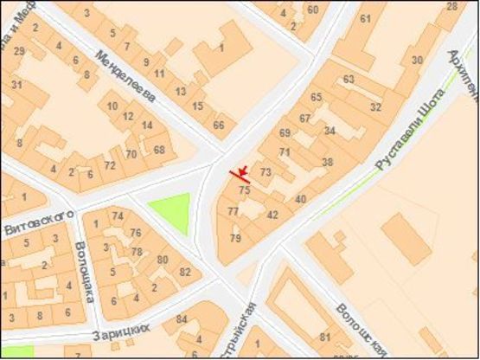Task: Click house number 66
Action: point(219,125)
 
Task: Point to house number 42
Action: point(272,214)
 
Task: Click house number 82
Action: point(184,272)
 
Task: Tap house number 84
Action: point(181,320)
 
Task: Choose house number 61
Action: point(365,18)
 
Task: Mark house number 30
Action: point(417,60)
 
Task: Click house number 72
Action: point(109,164)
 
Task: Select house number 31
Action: point(16,84)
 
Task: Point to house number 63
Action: point(349,79)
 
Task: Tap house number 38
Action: point(327,162)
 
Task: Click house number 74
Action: point(118,215)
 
